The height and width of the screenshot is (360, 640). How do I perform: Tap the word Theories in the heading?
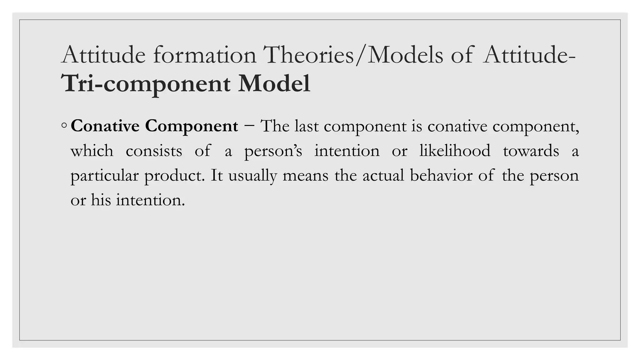[309, 55]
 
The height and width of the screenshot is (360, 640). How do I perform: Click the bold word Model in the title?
[274, 84]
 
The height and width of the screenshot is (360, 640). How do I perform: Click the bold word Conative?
[105, 126]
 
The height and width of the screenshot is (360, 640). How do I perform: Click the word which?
[92, 151]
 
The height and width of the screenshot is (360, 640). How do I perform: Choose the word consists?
[154, 151]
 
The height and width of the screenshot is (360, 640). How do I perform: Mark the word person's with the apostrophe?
[273, 151]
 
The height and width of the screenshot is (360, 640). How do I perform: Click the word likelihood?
[455, 151]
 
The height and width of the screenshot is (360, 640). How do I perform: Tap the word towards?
[531, 151]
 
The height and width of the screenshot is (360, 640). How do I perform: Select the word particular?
[104, 176]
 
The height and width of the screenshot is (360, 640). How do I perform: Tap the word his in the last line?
[101, 200]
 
